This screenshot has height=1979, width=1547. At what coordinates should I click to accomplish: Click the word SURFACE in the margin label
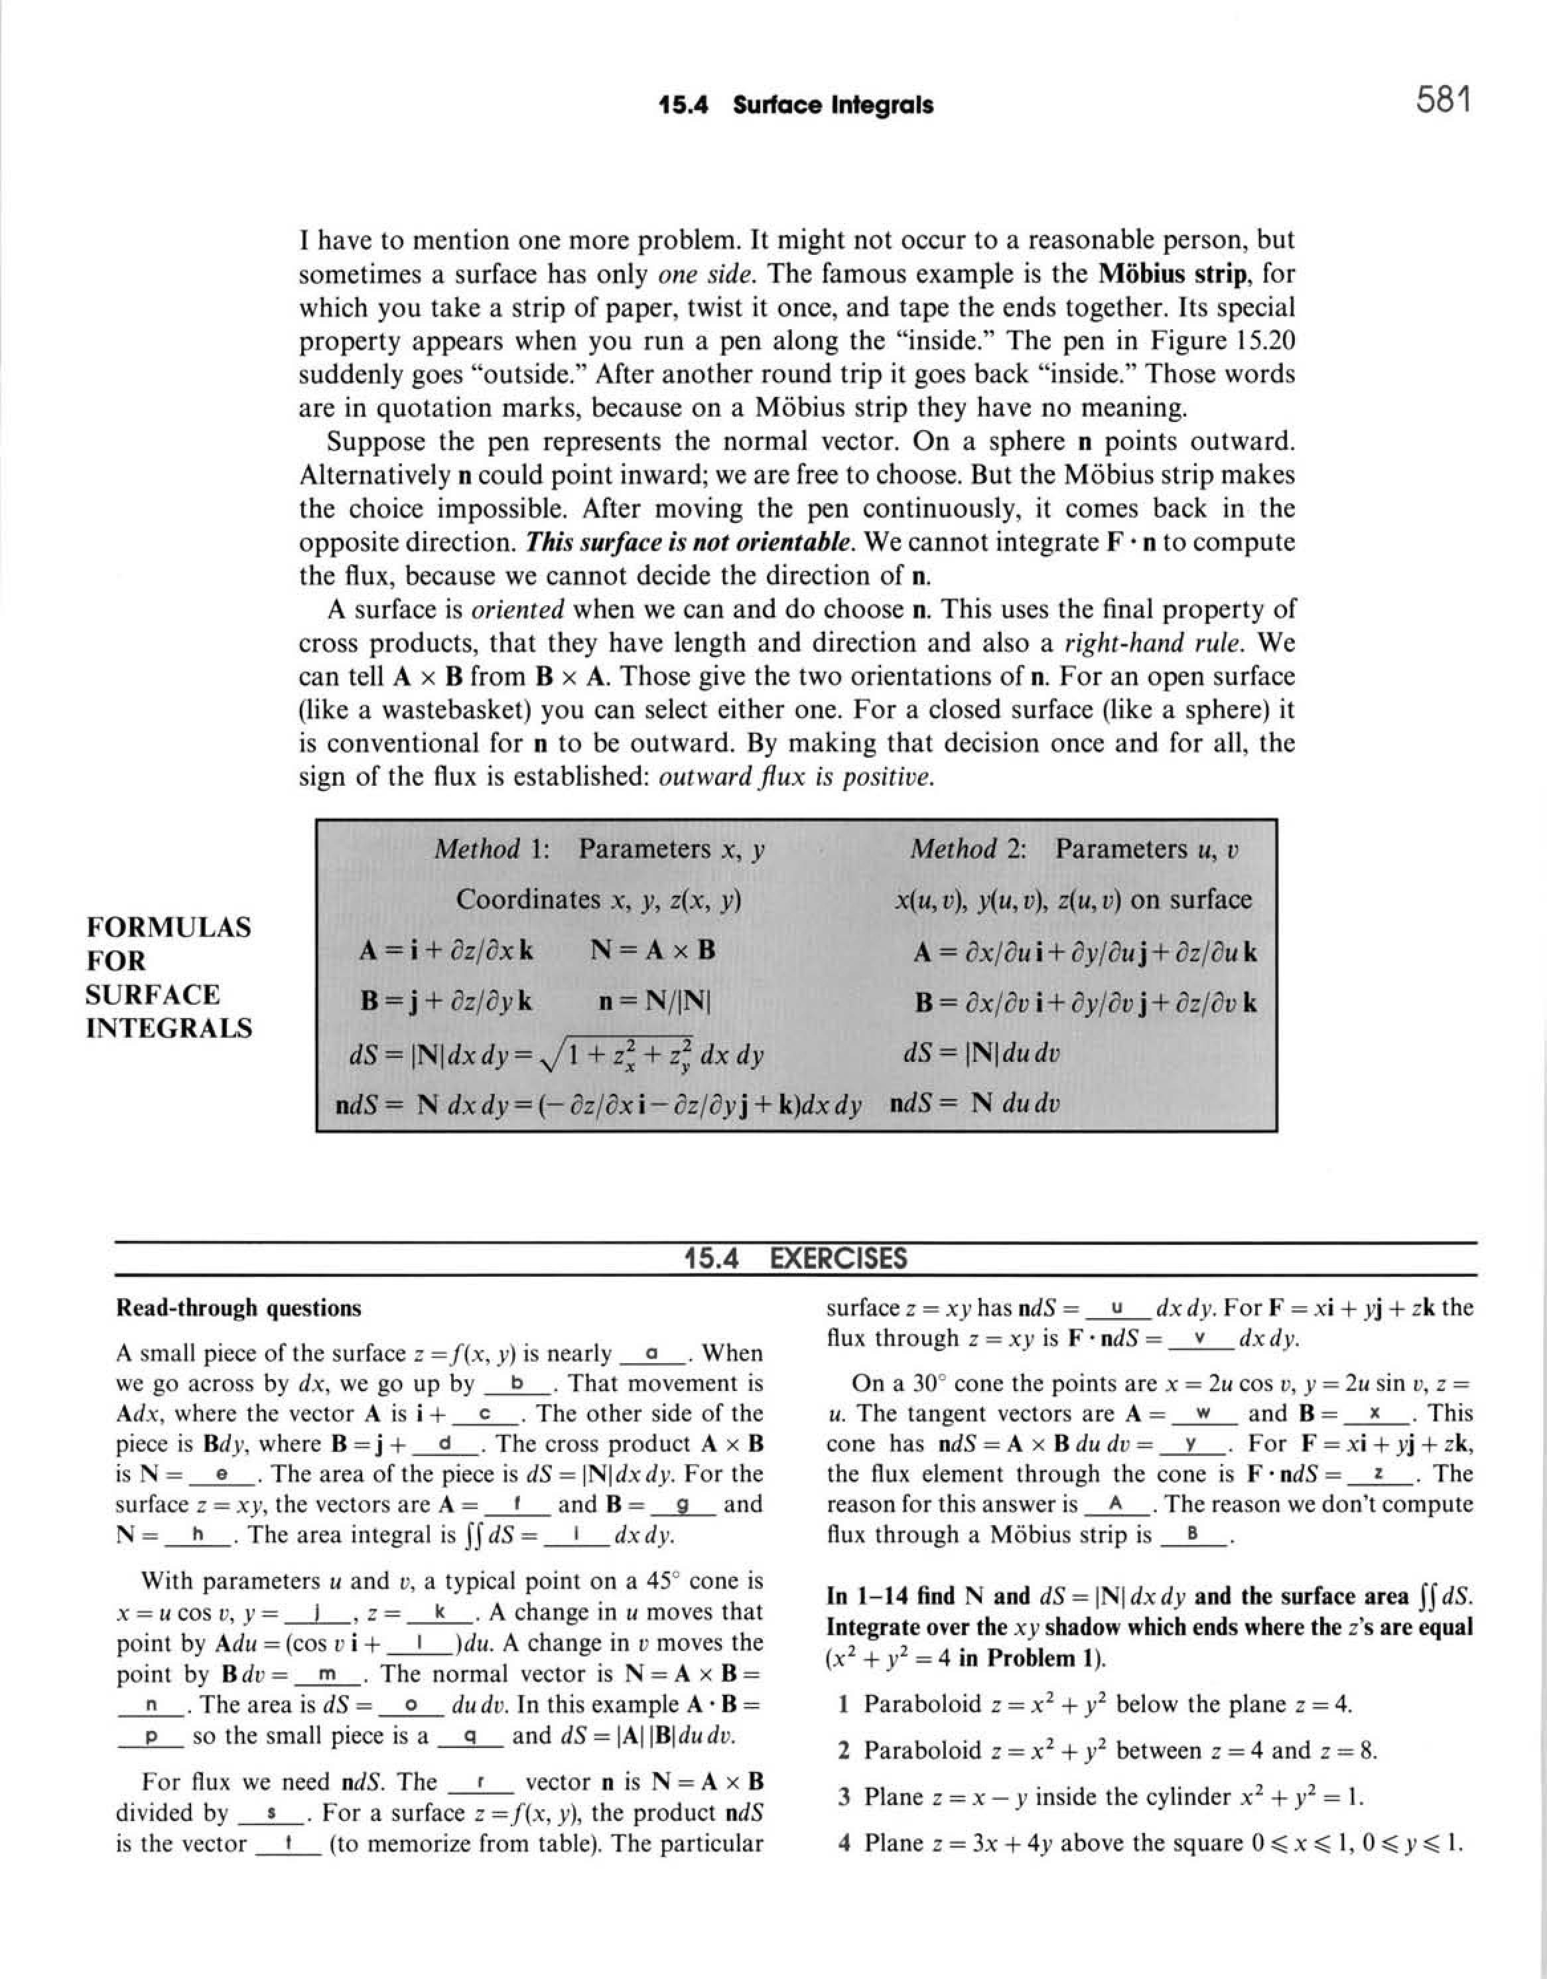(x=152, y=995)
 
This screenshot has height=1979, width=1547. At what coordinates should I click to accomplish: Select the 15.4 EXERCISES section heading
(x=796, y=1259)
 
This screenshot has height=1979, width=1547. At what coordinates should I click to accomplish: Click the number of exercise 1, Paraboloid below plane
(x=842, y=1704)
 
